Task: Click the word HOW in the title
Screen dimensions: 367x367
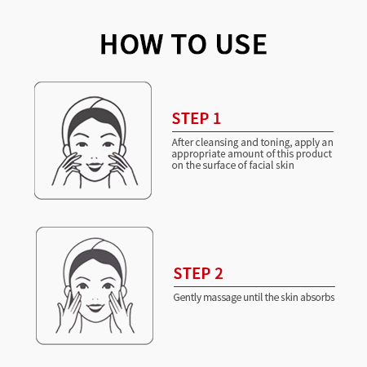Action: [131, 44]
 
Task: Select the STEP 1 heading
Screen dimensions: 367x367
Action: [197, 118]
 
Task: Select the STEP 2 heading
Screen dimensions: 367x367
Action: [198, 273]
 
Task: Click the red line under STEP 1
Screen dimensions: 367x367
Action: [253, 131]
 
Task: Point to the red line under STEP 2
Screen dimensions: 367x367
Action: [254, 286]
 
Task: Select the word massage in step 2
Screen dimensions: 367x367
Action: [222, 298]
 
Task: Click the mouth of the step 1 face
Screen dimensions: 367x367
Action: [95, 166]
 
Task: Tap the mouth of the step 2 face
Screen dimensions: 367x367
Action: [95, 307]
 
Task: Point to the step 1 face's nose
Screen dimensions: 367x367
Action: [94, 157]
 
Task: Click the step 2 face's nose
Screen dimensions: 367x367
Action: [95, 298]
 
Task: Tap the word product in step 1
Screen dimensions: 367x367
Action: [314, 154]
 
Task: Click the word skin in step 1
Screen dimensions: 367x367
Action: [285, 165]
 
